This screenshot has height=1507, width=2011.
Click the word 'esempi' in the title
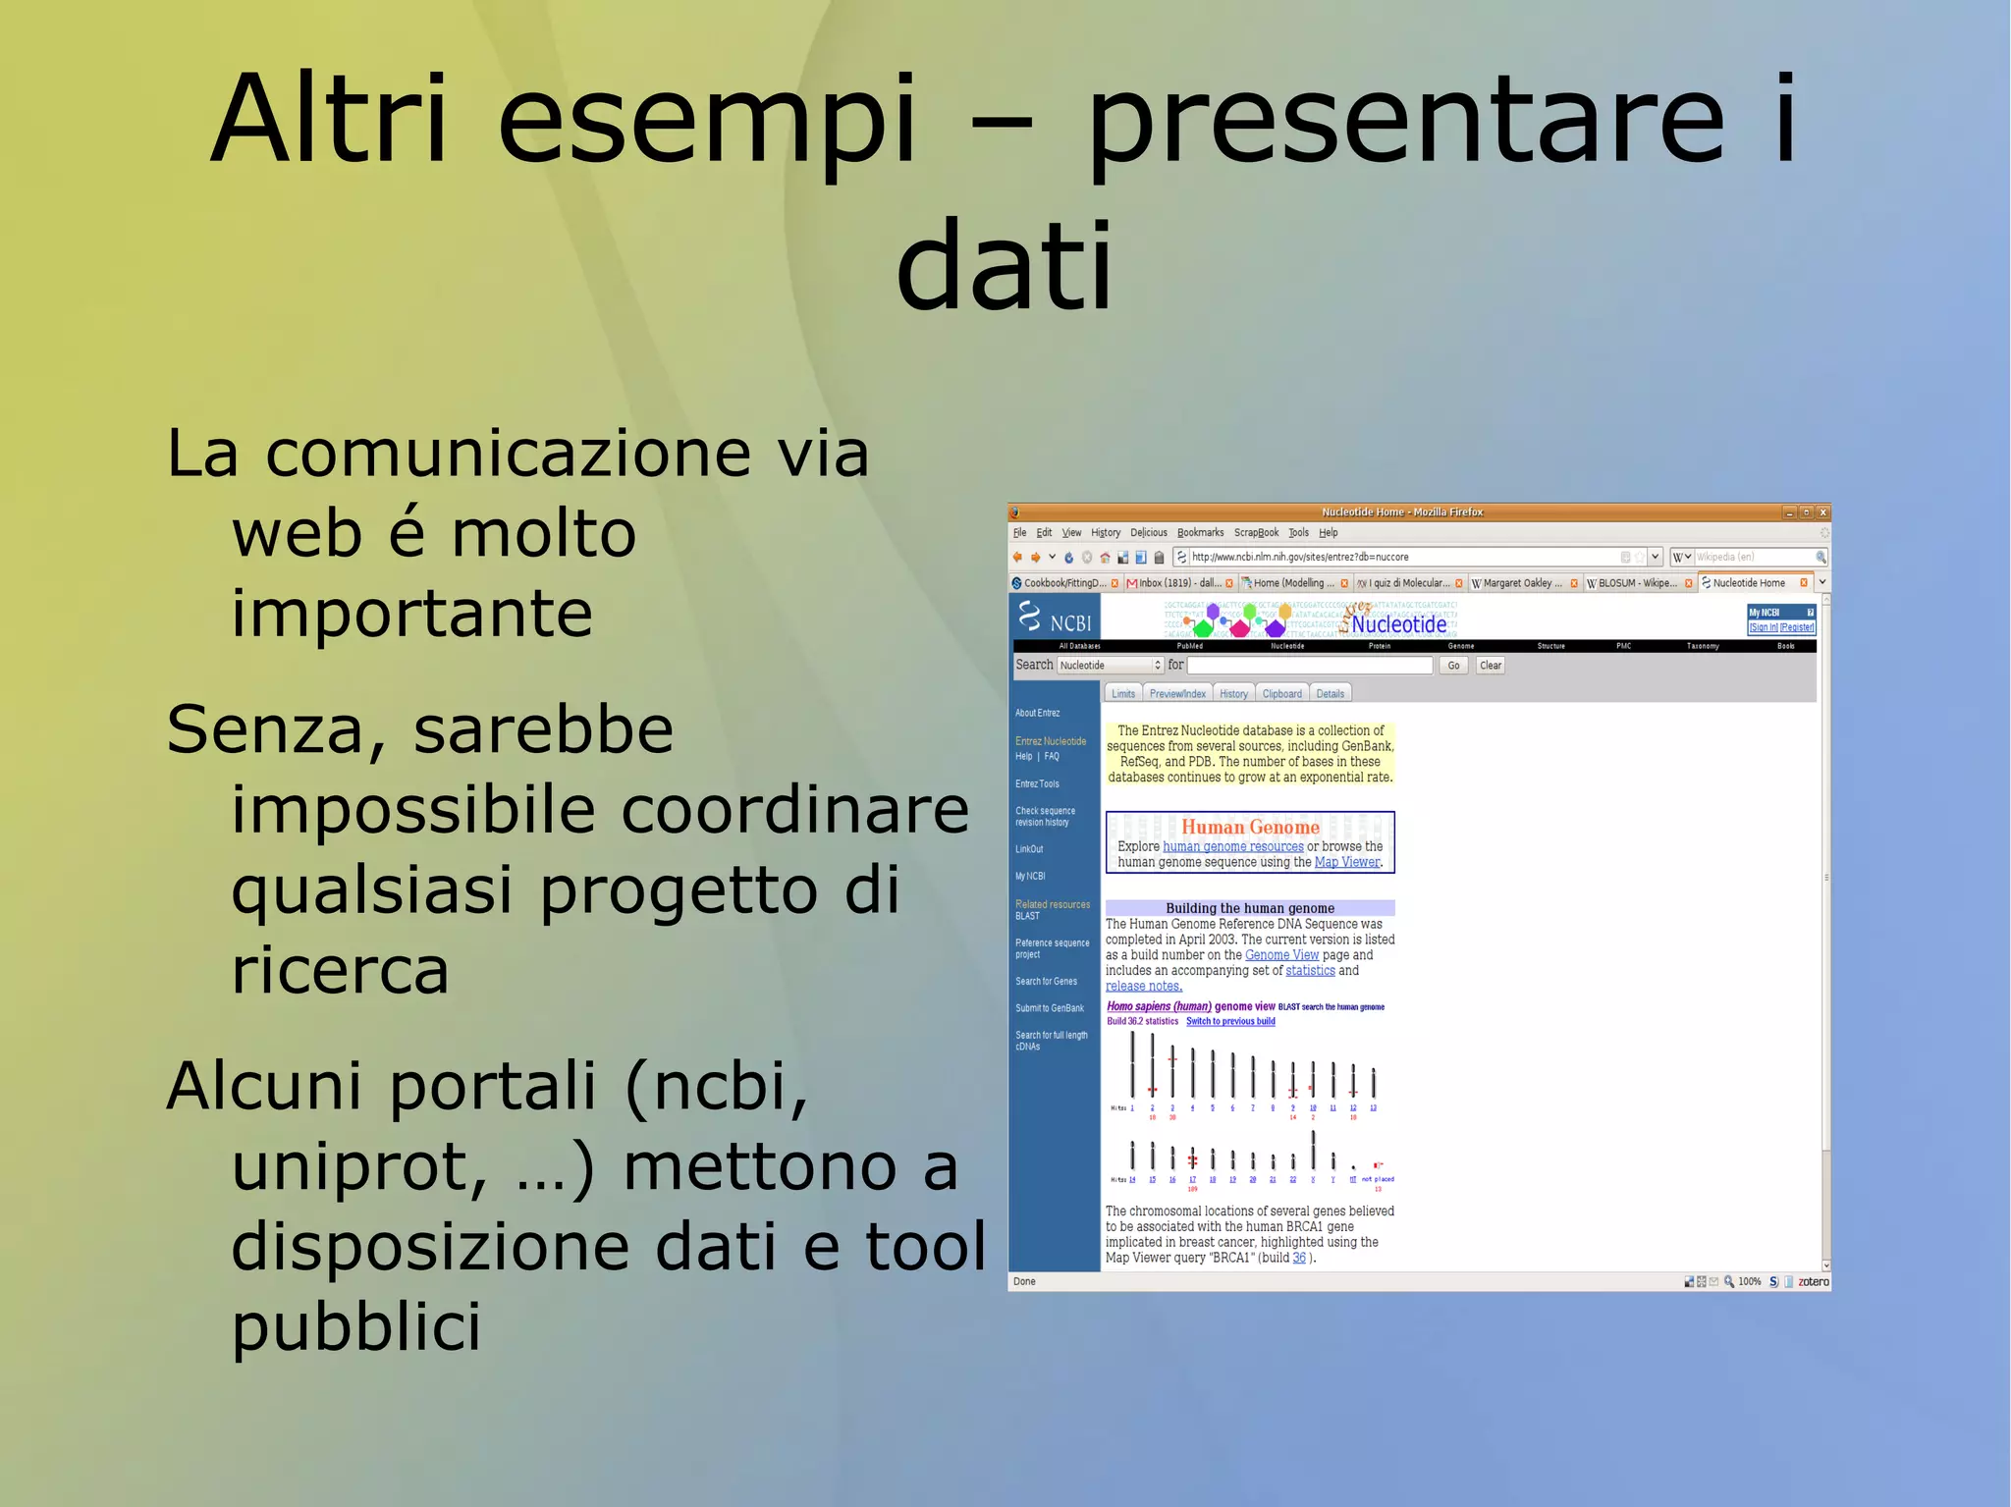[707, 120]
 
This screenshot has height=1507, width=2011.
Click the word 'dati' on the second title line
[1005, 265]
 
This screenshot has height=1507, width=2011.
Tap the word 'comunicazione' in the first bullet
[509, 455]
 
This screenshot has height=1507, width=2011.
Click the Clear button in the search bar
[1490, 666]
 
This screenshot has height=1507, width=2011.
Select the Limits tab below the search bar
[1123, 694]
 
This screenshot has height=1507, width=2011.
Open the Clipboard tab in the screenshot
[1281, 694]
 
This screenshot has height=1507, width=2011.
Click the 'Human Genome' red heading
[1250, 828]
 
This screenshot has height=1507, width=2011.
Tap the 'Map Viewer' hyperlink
[1346, 863]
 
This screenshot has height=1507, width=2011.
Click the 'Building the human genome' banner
[1249, 908]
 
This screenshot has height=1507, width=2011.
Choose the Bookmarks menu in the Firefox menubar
[1200, 533]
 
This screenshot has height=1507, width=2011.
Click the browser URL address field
[1394, 557]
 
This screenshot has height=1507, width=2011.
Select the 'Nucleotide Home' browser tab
[1748, 583]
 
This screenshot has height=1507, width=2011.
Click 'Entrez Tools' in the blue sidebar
[1037, 784]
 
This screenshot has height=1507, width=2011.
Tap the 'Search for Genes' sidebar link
[1046, 982]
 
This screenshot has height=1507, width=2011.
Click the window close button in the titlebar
[1822, 512]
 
